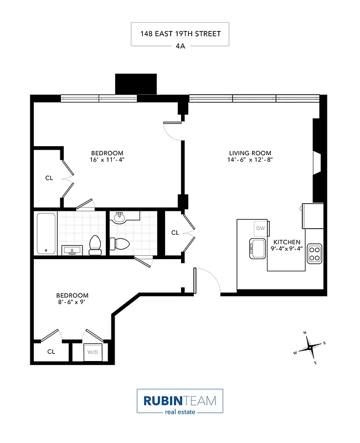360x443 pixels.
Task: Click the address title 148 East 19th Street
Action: click(x=180, y=34)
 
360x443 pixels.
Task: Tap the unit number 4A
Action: click(x=180, y=47)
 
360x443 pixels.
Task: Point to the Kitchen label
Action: click(x=286, y=242)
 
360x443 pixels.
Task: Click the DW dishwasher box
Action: click(x=260, y=228)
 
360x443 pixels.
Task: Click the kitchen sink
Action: click(x=258, y=249)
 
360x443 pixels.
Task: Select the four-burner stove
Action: click(x=315, y=253)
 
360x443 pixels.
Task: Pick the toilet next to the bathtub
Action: click(x=95, y=244)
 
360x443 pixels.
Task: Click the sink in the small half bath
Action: click(x=120, y=217)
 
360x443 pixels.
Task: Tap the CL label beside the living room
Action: click(x=175, y=233)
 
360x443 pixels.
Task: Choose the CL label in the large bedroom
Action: click(x=49, y=178)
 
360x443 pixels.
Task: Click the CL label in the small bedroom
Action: click(x=51, y=352)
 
